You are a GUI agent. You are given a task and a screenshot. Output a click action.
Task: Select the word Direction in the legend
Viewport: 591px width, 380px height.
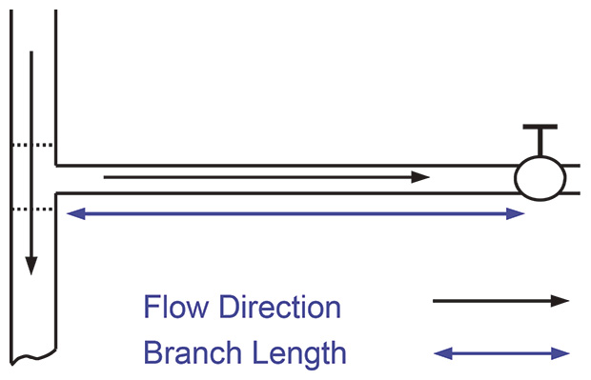[279, 308]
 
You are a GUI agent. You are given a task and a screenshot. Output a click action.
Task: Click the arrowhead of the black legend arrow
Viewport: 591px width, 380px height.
[560, 301]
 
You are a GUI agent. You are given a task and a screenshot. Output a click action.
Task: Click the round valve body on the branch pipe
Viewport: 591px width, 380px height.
[540, 178]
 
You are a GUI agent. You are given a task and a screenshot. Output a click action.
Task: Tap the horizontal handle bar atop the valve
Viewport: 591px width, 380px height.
[540, 128]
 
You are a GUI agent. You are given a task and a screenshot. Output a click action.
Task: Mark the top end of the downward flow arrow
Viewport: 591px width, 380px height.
[31, 53]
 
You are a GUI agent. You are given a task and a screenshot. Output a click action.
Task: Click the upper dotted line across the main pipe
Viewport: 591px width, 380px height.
[31, 146]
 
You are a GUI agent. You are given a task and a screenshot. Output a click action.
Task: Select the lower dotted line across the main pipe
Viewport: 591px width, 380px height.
[31, 209]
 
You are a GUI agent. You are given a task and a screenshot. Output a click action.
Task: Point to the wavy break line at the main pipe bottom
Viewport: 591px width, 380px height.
[34, 360]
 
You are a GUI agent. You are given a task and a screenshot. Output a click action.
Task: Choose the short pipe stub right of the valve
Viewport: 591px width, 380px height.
[572, 178]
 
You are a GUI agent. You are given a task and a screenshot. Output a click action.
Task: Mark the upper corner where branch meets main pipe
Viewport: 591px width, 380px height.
[57, 164]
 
